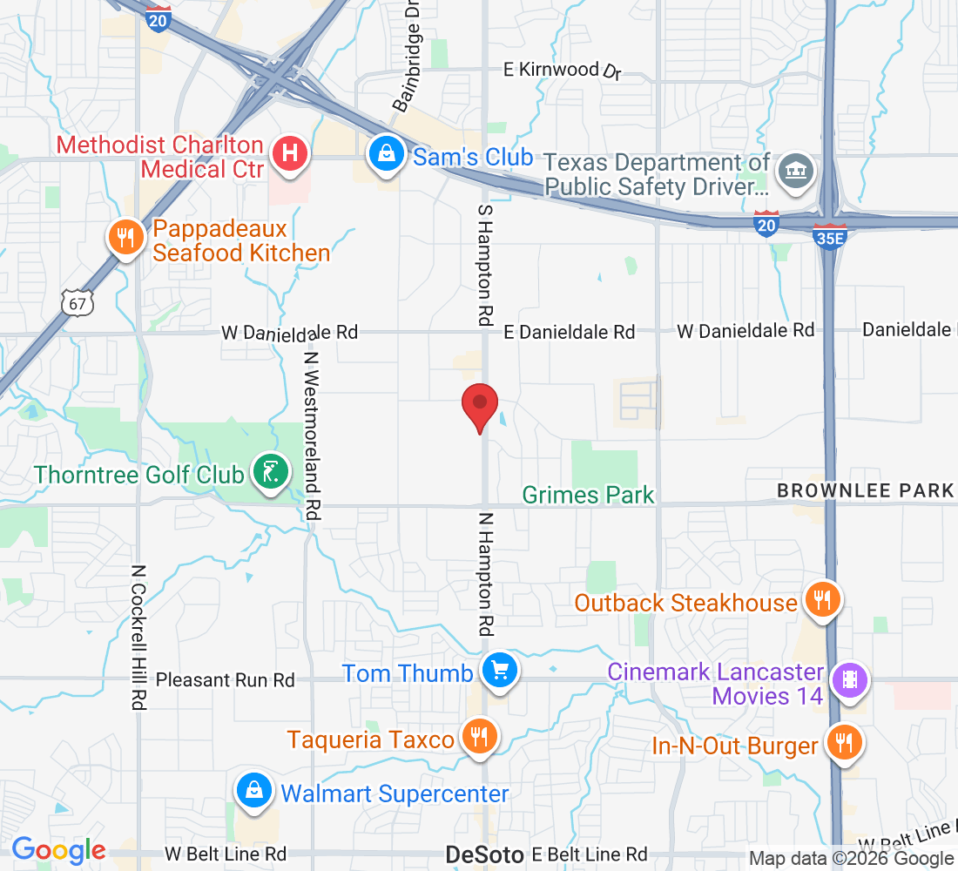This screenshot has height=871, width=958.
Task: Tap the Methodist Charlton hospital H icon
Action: (x=291, y=154)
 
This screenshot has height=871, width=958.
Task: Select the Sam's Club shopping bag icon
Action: (x=384, y=154)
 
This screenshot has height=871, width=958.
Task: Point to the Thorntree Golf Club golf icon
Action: (x=270, y=473)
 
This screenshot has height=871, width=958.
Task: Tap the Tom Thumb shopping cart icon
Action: (x=500, y=672)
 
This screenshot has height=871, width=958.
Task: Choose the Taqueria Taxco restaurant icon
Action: (x=477, y=738)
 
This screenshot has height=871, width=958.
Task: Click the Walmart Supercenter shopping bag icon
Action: (x=253, y=792)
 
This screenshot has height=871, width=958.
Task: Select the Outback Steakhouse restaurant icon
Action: (x=820, y=600)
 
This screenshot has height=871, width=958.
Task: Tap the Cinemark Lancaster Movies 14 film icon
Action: (x=849, y=681)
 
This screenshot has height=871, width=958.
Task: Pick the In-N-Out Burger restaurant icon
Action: (x=843, y=743)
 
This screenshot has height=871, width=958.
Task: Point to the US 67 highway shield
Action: (x=74, y=302)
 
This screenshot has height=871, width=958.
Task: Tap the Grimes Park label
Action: (x=588, y=496)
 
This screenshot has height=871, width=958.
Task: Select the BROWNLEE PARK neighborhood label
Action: (x=865, y=490)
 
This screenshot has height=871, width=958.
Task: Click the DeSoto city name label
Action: (x=483, y=854)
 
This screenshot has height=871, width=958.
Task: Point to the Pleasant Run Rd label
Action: (x=226, y=679)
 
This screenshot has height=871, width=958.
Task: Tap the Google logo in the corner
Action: (x=58, y=850)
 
